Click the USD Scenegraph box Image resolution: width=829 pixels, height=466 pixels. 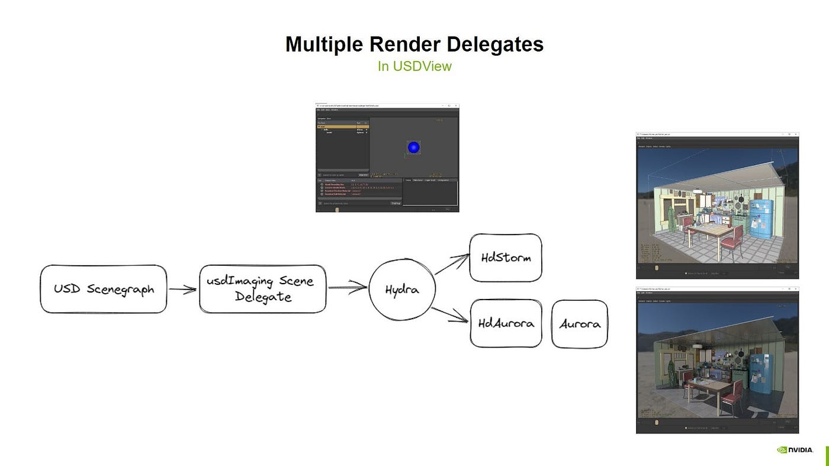coord(104,289)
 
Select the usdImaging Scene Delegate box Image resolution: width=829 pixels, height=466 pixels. coord(262,289)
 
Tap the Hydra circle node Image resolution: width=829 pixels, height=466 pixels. coord(402,290)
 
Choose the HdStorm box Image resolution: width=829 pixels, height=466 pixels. coord(505,258)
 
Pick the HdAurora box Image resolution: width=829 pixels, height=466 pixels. coord(506,323)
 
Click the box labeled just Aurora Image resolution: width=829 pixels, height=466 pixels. coord(579,324)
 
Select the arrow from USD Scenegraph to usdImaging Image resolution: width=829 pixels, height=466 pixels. coord(182,290)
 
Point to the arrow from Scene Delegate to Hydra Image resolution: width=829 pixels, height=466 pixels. coord(348,288)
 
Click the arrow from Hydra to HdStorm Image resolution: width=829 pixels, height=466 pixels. coord(452,264)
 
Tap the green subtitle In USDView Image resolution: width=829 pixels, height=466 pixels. coord(415,66)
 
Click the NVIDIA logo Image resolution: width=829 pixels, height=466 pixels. coord(795,449)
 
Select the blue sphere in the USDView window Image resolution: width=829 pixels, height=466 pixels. coord(414,147)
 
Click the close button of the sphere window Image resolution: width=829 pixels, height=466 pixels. coord(455,105)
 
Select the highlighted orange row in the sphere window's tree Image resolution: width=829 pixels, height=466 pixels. coord(342,126)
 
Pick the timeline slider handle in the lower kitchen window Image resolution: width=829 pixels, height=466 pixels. coord(656,423)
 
